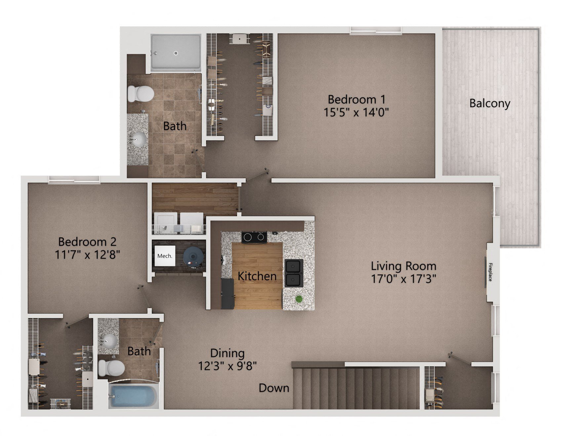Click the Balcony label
click(x=490, y=103)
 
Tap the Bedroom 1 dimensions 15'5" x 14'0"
click(x=356, y=112)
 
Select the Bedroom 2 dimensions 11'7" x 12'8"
click(x=87, y=255)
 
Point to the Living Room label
click(x=403, y=266)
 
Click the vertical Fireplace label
click(x=490, y=272)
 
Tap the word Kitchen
click(x=257, y=276)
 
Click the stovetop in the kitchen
click(x=254, y=237)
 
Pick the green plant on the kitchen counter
click(x=299, y=299)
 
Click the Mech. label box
click(x=165, y=256)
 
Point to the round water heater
click(x=193, y=256)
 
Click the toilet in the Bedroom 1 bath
click(x=141, y=93)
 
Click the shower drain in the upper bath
click(x=176, y=53)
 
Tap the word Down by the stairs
click(x=274, y=388)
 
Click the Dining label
click(x=227, y=353)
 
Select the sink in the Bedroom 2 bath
click(x=109, y=340)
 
